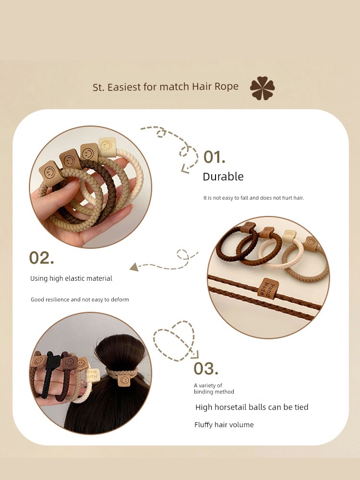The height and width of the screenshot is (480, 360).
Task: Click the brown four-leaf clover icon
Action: tap(263, 88)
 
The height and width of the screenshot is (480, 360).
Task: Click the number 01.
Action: tap(214, 157)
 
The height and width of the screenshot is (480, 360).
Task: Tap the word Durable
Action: tap(223, 177)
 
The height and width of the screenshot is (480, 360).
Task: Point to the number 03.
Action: tap(206, 369)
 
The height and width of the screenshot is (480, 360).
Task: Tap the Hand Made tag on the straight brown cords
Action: tap(268, 288)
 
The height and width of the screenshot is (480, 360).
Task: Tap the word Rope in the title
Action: tap(226, 86)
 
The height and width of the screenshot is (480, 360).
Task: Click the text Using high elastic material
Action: tap(71, 278)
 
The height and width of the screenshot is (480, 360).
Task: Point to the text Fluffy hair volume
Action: tap(224, 425)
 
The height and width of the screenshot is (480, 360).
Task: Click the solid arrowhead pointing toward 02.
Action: tap(134, 267)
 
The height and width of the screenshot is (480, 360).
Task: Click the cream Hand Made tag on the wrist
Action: tap(93, 375)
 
